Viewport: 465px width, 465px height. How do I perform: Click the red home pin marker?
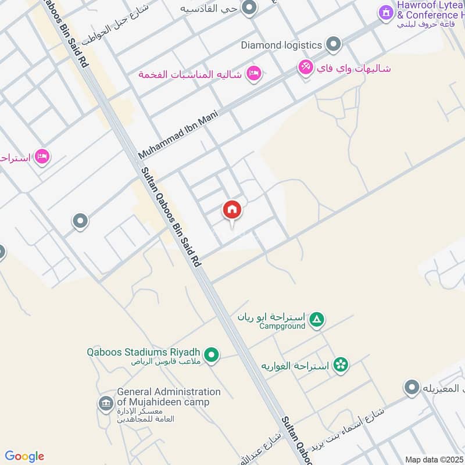232,210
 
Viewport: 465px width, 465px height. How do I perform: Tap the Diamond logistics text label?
281,45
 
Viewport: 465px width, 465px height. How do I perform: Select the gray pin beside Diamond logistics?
333,44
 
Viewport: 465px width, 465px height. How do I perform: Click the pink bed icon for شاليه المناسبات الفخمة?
253,74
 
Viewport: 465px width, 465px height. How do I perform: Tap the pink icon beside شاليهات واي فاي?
305,67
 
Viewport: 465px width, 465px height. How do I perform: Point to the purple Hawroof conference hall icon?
385,12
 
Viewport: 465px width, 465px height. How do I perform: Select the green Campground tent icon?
316,319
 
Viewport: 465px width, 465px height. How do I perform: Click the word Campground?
282,327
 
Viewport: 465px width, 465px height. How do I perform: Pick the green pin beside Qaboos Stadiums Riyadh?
212,354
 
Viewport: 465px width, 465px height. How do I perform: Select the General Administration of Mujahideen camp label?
169,397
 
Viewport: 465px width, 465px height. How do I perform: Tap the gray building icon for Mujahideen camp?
106,403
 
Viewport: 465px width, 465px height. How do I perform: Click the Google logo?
24,456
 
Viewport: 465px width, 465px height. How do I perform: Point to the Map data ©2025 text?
434,459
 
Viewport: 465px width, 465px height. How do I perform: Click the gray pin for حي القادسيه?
249,8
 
